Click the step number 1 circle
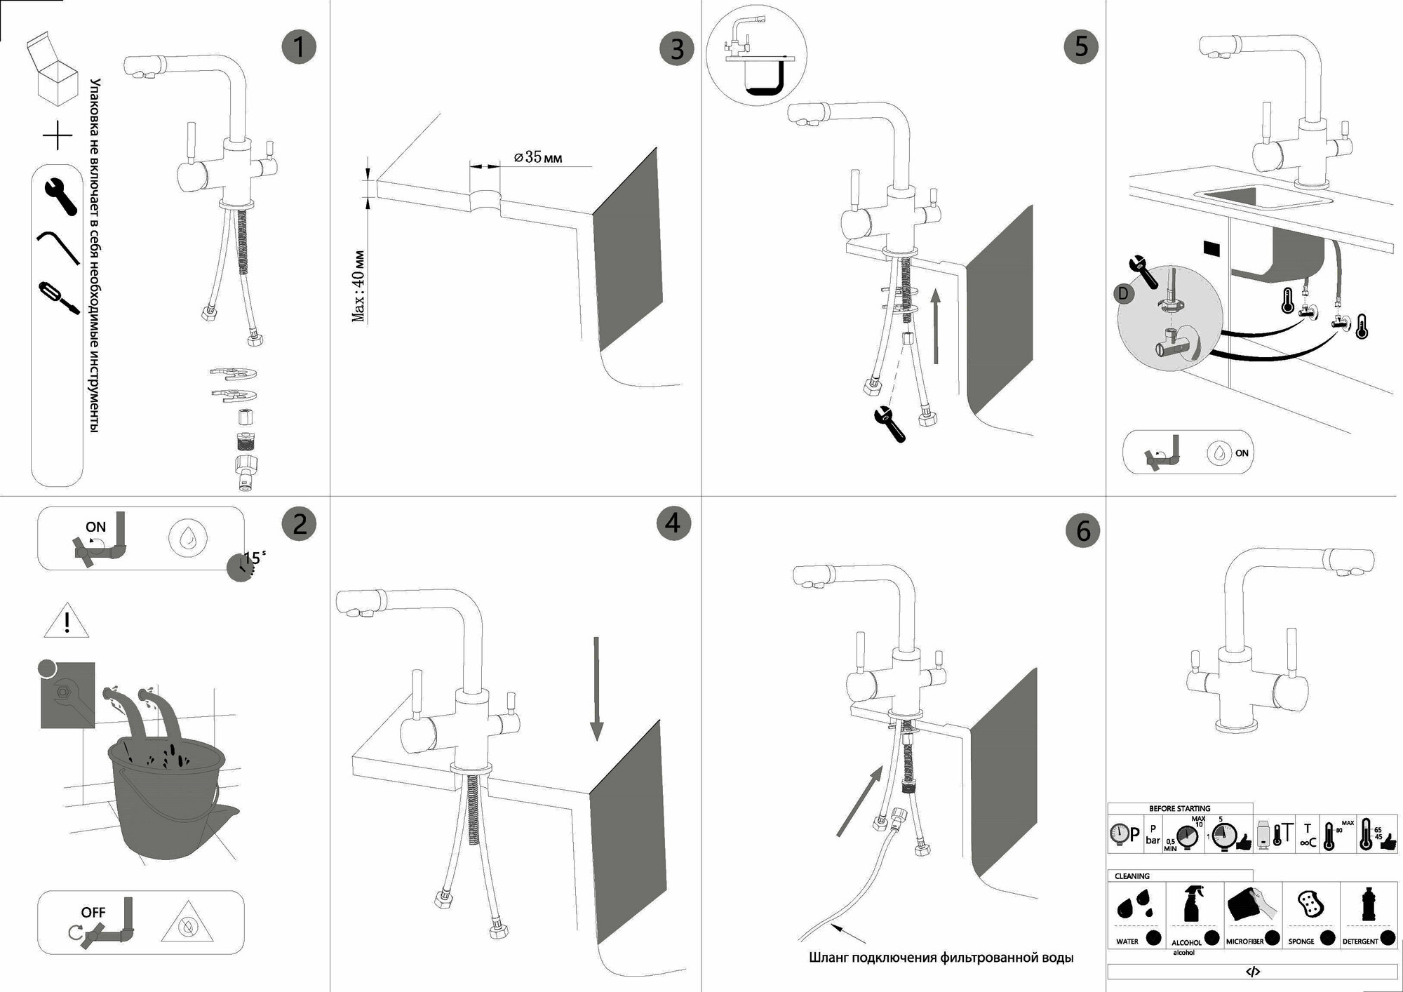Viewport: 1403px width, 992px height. [x=299, y=47]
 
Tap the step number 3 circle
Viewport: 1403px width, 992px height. [x=676, y=49]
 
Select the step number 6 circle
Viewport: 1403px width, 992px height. [x=1082, y=531]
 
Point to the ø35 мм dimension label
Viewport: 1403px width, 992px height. [x=538, y=157]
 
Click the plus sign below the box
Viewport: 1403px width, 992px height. [x=58, y=135]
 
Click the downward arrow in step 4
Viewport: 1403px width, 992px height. [x=596, y=688]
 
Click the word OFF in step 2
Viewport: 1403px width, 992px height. [x=93, y=913]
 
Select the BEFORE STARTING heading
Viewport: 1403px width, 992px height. [x=1179, y=809]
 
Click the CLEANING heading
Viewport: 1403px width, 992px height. [x=1132, y=876]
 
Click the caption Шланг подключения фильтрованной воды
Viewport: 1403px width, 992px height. [x=941, y=958]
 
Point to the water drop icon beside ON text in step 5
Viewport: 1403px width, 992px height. [x=1220, y=453]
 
